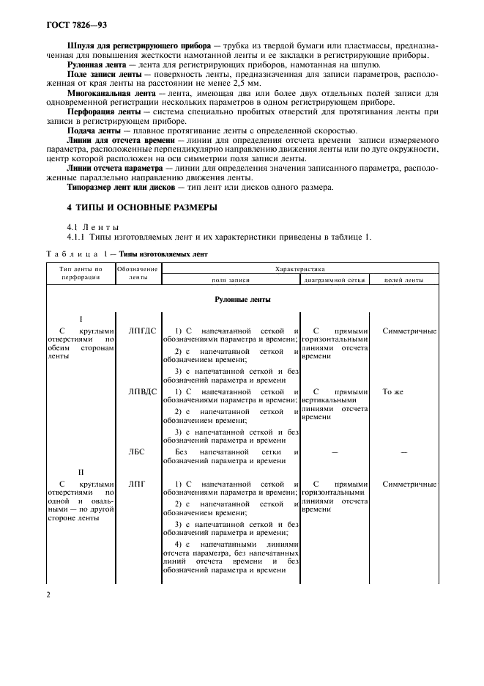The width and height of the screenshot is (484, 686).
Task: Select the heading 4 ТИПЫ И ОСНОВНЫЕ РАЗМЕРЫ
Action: (x=141, y=207)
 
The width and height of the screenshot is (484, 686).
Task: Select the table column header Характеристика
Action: (x=299, y=269)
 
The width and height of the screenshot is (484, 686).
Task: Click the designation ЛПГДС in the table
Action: (x=142, y=331)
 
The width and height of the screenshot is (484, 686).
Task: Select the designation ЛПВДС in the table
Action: (x=142, y=391)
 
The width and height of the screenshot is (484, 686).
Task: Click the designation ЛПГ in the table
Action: (x=137, y=484)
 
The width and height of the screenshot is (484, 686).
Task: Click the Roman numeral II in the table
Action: (x=82, y=472)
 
